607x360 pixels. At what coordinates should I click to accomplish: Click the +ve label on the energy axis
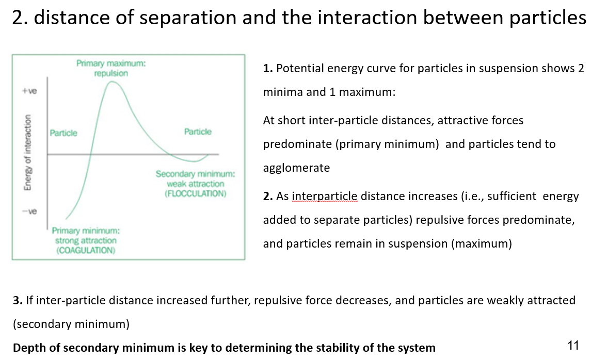tap(29, 91)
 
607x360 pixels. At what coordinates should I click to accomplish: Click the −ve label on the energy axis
tap(29, 211)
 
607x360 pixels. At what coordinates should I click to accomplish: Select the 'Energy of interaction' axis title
tap(27, 152)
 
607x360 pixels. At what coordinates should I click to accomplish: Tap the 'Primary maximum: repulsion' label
tap(111, 68)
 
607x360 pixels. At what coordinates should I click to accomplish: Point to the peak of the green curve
tap(113, 82)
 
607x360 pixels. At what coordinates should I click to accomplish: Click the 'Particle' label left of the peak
tap(63, 133)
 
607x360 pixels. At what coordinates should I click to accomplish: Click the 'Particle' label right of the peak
tap(198, 132)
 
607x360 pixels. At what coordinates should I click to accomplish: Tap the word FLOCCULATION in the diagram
tap(196, 193)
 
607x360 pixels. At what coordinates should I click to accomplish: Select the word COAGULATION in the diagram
tap(86, 250)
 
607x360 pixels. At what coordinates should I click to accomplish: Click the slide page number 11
tap(573, 346)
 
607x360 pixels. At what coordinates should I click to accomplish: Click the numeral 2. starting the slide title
tap(20, 18)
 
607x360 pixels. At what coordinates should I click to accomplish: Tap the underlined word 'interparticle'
tap(324, 197)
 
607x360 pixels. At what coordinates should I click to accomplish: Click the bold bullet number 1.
tap(268, 69)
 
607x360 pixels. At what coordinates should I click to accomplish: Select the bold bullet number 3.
tap(18, 301)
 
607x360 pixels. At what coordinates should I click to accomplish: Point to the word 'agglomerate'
tap(296, 168)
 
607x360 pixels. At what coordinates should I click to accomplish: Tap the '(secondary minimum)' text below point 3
tap(71, 324)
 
